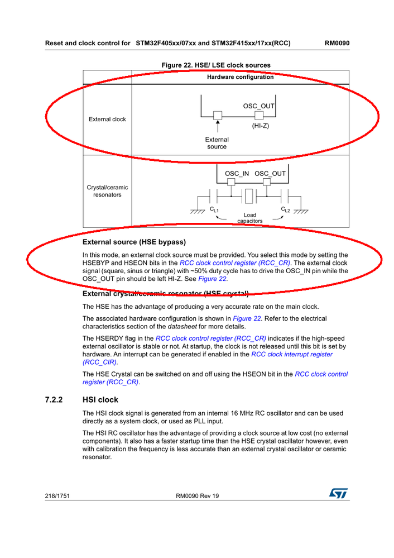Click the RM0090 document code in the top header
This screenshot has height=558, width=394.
coord(337,42)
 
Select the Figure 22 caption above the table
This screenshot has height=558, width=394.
coord(215,65)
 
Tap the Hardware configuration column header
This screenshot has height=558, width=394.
coord(240,77)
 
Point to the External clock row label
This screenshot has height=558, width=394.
coord(107,119)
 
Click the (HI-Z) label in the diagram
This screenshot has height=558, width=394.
coord(260,126)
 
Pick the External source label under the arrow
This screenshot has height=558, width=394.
coord(217,143)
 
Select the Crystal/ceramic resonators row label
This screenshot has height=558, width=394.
coord(107,191)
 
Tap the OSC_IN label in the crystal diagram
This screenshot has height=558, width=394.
coord(237,174)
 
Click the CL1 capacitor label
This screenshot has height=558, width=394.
coord(214,209)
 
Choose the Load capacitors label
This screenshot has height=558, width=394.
coord(250,218)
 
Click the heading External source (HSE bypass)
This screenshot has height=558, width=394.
coord(134,242)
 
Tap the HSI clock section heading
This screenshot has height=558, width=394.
coord(100,400)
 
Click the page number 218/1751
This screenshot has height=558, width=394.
coord(57,495)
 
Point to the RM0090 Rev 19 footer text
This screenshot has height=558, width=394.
coord(197,495)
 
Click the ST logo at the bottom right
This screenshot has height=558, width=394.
coord(338,494)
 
